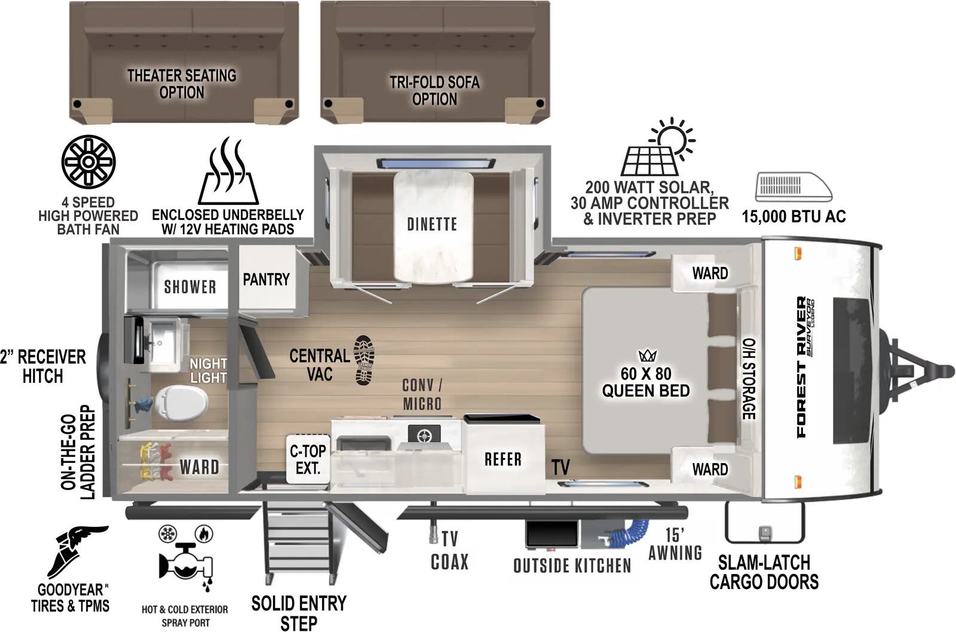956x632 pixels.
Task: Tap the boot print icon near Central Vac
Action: (x=364, y=360)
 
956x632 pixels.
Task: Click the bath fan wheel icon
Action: (x=88, y=162)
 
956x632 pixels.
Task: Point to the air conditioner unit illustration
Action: (x=793, y=188)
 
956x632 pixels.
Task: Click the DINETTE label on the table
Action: (x=432, y=224)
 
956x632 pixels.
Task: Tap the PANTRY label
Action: (x=266, y=279)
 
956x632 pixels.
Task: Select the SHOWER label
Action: (x=190, y=287)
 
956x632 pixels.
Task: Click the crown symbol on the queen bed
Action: (x=648, y=356)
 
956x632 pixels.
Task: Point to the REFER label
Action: (x=502, y=459)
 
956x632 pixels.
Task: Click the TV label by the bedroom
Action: (x=560, y=468)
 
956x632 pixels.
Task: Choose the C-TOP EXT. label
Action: (x=308, y=459)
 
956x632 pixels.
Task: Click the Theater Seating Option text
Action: (x=182, y=84)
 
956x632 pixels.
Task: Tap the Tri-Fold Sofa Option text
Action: (x=434, y=90)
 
